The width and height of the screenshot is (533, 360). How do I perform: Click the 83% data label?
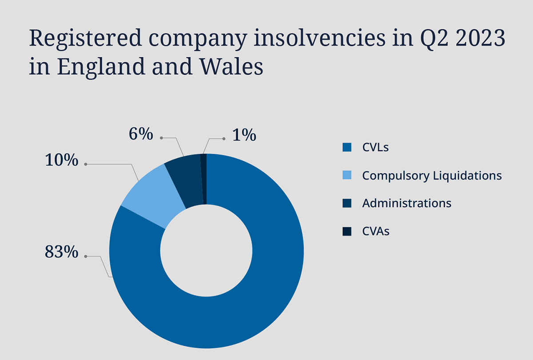point(61,252)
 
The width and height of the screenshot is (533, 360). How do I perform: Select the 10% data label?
point(61,160)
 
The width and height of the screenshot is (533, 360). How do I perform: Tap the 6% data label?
point(141,134)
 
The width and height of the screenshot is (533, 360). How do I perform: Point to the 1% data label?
point(244,135)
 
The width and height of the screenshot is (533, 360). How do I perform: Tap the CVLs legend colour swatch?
point(347,148)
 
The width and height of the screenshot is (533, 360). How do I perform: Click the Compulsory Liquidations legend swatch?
point(347,175)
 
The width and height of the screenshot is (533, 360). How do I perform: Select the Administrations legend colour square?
point(347,203)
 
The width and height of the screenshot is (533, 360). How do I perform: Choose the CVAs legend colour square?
point(347,231)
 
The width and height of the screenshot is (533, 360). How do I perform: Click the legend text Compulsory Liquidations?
point(432,176)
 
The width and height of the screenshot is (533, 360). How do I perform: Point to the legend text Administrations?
point(406,203)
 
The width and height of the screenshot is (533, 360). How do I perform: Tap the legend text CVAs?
point(376,231)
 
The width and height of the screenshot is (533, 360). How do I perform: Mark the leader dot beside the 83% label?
point(85,256)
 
